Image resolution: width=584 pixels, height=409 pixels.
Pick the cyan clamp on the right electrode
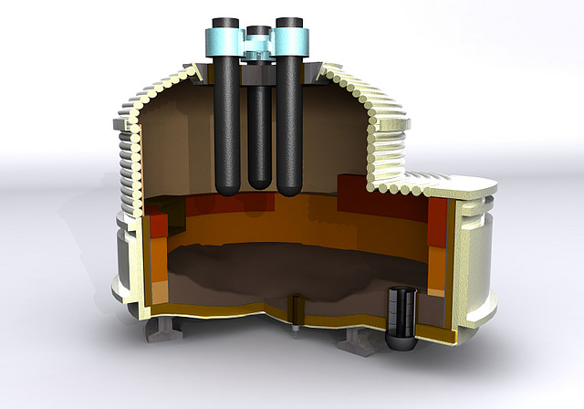[290, 41]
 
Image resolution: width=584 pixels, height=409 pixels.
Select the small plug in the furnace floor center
[296, 310]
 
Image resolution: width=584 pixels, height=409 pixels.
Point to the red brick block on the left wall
[156, 224]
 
